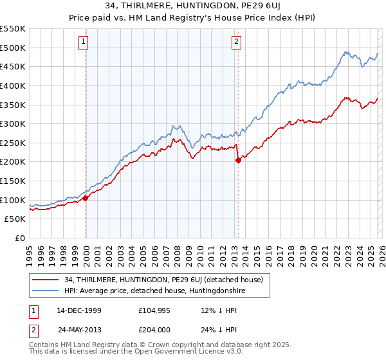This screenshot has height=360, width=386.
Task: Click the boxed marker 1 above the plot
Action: click(84, 42)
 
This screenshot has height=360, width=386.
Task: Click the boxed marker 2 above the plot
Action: click(236, 42)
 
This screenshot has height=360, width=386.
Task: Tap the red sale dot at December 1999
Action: click(86, 198)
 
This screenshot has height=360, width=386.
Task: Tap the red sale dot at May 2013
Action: click(238, 161)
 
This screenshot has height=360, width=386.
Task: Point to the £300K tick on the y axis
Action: click(13, 123)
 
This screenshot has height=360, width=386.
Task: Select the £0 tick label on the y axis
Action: click(20, 238)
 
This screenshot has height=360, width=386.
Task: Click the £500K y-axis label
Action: click(13, 48)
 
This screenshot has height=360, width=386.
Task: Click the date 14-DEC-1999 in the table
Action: click(78, 310)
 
